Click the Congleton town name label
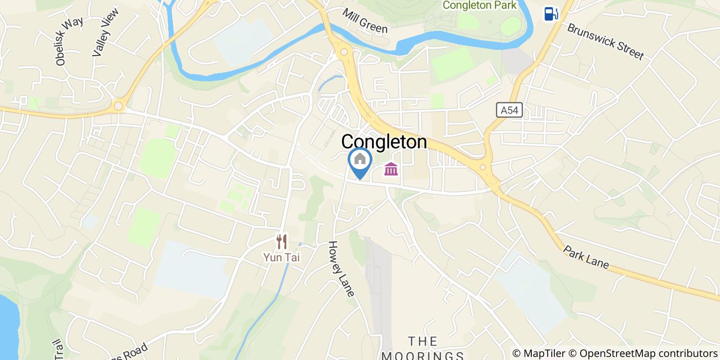coord(384,142)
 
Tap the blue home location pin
coord(360,160)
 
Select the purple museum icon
coord(391,169)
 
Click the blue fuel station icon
coord(551,13)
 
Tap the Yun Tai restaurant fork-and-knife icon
coord(281,241)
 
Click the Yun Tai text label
coord(281,257)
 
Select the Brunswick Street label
coord(605,41)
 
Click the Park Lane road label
coord(586,258)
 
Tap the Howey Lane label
coord(342,269)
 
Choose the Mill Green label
coord(365,21)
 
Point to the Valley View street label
coord(105,32)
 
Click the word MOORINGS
coord(423,355)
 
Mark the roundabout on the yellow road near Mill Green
coord(344,52)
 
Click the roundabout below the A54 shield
coord(483,167)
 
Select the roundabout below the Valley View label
coord(119,106)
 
